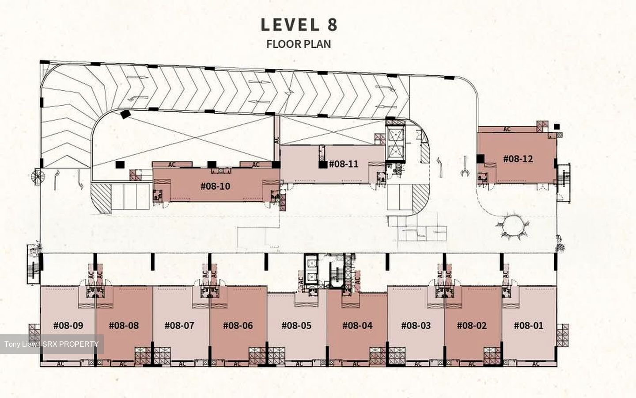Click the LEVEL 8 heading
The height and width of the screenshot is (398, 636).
tap(299, 25)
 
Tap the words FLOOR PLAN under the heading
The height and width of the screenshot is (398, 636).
tap(299, 44)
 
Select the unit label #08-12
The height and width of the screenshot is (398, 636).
tap(518, 159)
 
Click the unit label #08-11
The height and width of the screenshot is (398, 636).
tap(344, 164)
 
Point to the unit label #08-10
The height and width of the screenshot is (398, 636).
tap(215, 187)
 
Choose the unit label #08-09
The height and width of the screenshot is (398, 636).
tap(68, 325)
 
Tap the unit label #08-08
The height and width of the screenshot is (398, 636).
tap(124, 325)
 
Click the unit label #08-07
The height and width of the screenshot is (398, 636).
tap(179, 325)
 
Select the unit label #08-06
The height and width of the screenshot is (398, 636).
tap(238, 325)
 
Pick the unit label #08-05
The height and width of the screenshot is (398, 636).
tap(296, 325)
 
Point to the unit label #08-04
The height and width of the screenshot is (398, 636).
tap(357, 325)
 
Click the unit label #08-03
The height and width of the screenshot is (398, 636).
tap(416, 325)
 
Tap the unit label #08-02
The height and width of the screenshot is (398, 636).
tap(472, 325)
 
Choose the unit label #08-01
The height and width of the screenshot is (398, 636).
tap(529, 325)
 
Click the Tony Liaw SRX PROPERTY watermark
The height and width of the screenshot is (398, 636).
tap(51, 344)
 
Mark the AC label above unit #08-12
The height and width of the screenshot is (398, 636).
tap(507, 129)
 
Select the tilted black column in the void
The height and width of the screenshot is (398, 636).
tap(125, 114)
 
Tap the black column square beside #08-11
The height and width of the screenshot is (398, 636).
tap(322, 165)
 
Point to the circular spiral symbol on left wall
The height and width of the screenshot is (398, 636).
tap(38, 177)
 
